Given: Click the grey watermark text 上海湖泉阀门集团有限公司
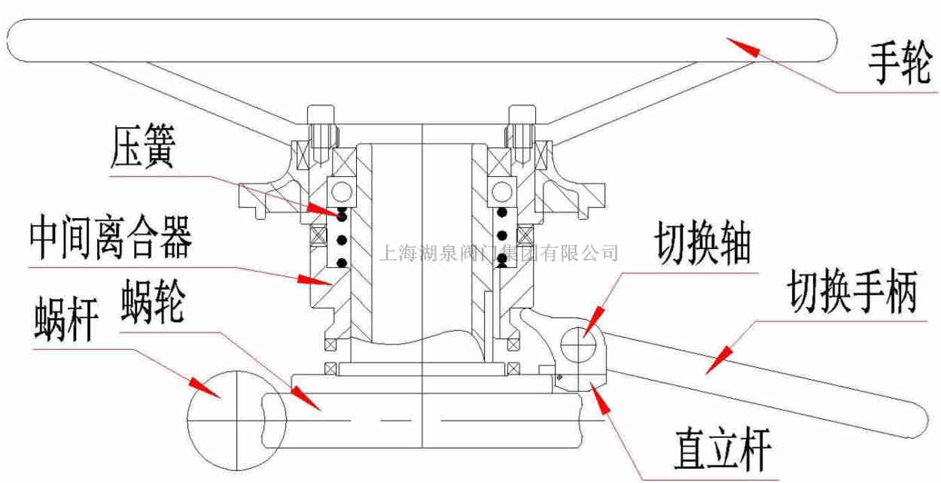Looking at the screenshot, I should (x=500, y=251).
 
